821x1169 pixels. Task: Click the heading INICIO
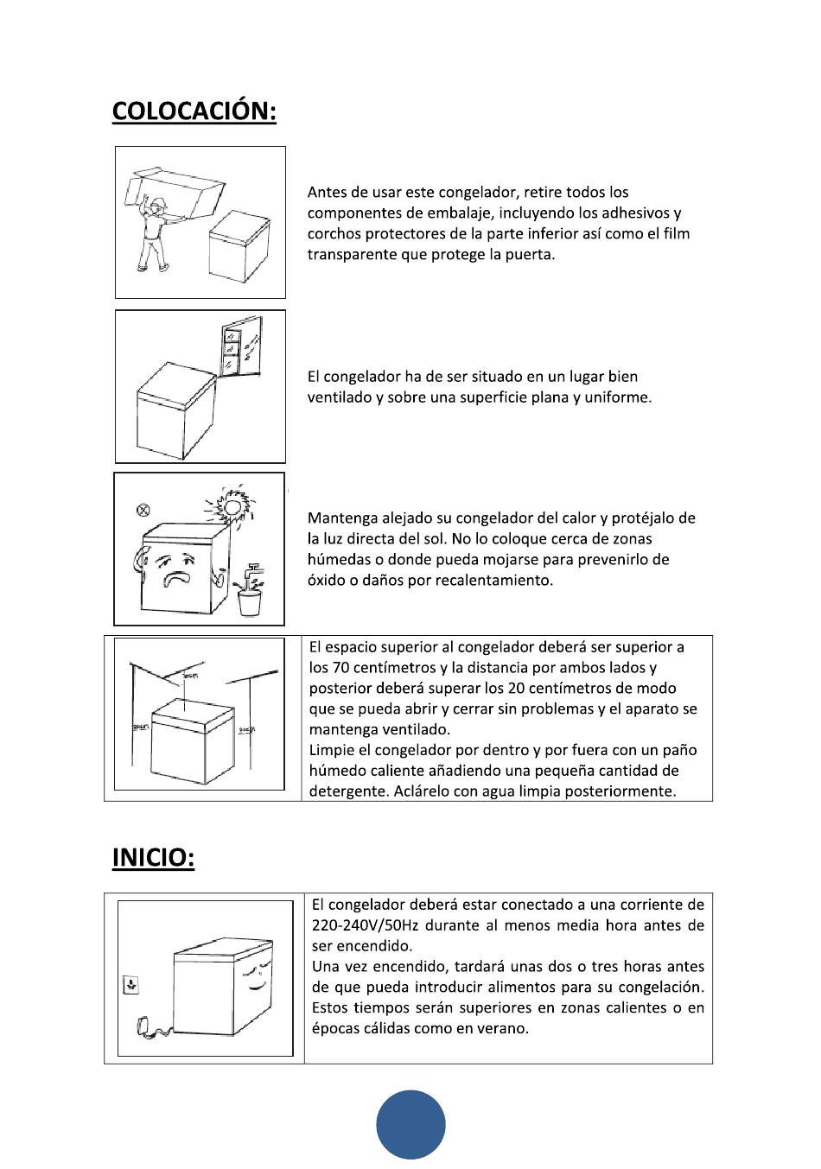click(x=153, y=858)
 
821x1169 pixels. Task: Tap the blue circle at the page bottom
click(x=410, y=1125)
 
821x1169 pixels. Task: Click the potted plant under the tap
click(x=250, y=594)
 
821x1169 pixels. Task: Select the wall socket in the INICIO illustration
click(x=130, y=984)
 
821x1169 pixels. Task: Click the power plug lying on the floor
click(x=144, y=1027)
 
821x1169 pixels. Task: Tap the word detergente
click(x=346, y=791)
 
